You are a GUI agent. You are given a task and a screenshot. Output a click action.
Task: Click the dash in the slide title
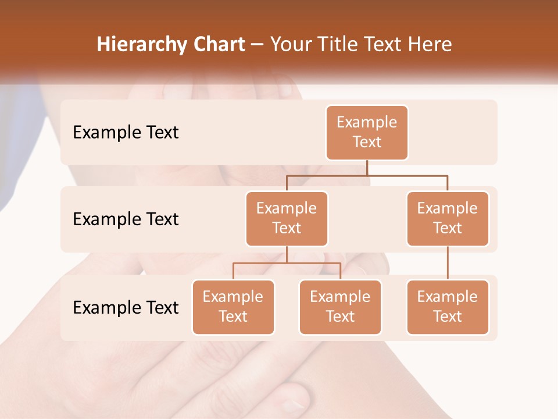257,45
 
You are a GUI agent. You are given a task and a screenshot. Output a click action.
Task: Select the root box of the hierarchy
367,132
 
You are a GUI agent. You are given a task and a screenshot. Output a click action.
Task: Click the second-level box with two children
287,218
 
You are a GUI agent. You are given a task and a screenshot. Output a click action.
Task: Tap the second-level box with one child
448,218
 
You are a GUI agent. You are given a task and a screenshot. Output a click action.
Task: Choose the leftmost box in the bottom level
233,307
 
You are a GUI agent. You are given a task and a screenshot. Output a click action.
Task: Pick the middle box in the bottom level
340,307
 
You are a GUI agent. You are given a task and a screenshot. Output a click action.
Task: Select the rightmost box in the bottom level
448,307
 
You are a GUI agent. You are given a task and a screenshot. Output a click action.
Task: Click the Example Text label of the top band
126,132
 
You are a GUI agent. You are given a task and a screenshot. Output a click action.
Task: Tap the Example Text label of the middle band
126,219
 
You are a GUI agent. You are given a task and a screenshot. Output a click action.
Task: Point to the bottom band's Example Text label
126,307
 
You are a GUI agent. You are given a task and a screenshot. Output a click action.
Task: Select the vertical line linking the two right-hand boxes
448,263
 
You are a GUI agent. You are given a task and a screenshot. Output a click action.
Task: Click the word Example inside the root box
367,122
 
